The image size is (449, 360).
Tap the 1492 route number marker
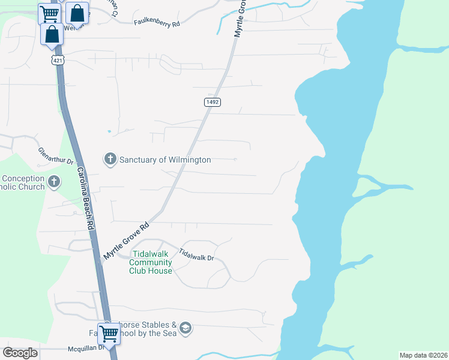(x=212, y=102)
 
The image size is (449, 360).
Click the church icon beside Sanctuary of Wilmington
(x=110, y=159)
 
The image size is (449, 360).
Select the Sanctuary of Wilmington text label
(x=165, y=160)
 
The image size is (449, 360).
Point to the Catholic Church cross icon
(x=54, y=181)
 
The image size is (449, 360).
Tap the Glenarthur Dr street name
(x=55, y=156)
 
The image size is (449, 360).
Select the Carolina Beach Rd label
(x=84, y=198)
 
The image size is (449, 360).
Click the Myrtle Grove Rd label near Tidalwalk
(x=126, y=242)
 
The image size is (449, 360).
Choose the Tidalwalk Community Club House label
(x=151, y=263)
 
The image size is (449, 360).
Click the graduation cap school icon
(x=185, y=328)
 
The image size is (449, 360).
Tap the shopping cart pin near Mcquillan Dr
(x=109, y=332)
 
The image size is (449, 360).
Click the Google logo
(x=20, y=353)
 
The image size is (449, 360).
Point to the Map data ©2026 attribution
(x=423, y=355)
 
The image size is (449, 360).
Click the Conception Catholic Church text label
(x=23, y=182)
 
